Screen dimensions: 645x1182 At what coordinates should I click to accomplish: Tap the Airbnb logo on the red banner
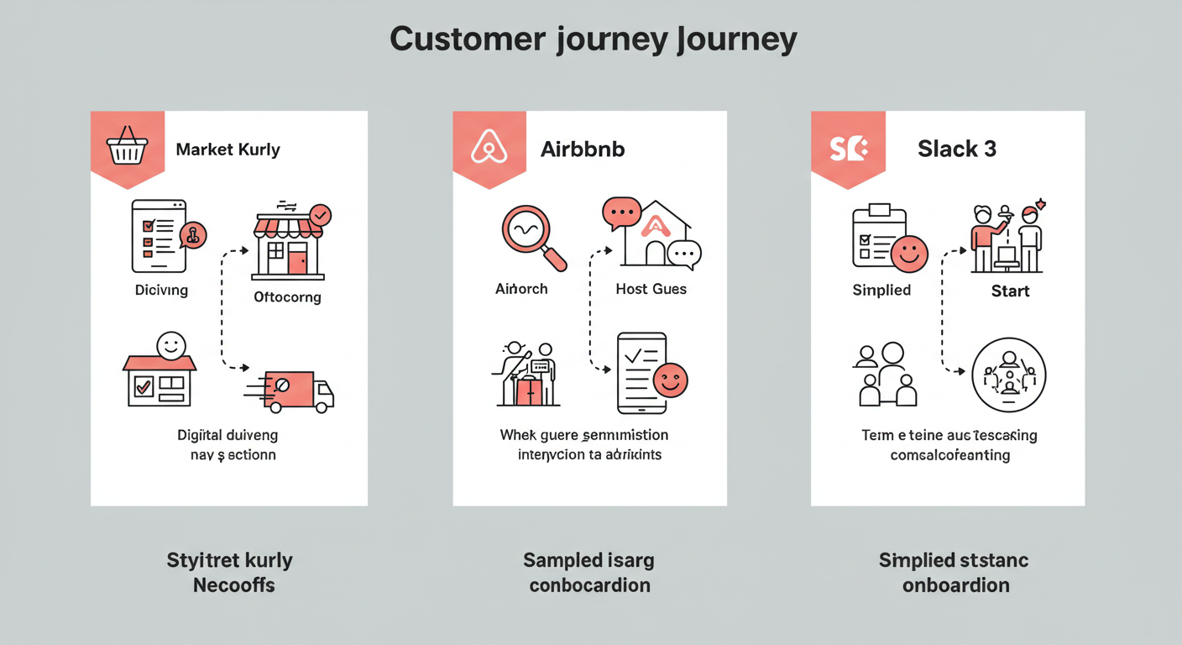pos(489,148)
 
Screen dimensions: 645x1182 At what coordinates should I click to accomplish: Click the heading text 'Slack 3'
pos(957,149)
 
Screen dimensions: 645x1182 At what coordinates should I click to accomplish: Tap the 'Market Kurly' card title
pos(228,150)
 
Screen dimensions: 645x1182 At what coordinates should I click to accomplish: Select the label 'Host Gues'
pos(651,289)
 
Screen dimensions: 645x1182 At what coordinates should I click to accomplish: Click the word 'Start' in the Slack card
pos(1010,291)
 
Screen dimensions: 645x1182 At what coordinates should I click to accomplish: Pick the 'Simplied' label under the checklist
pos(881,290)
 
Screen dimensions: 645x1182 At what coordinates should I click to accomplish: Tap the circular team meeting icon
pos(1008,375)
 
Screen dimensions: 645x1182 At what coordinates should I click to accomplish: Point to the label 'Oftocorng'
pos(287,296)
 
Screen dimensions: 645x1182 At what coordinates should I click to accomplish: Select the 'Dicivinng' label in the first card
pos(161,290)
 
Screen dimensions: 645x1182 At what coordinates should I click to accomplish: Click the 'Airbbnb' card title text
pos(583,150)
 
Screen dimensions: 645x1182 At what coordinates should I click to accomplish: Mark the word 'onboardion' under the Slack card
pos(955,585)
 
